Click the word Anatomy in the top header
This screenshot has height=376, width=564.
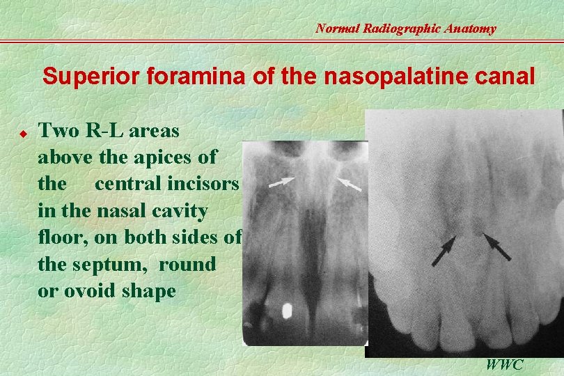pos(473,29)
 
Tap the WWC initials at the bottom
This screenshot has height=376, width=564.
pos(506,364)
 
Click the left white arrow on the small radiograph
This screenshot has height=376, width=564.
pos(281,182)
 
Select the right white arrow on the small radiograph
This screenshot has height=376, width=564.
pos(349,183)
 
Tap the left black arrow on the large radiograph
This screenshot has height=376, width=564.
pos(444,251)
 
